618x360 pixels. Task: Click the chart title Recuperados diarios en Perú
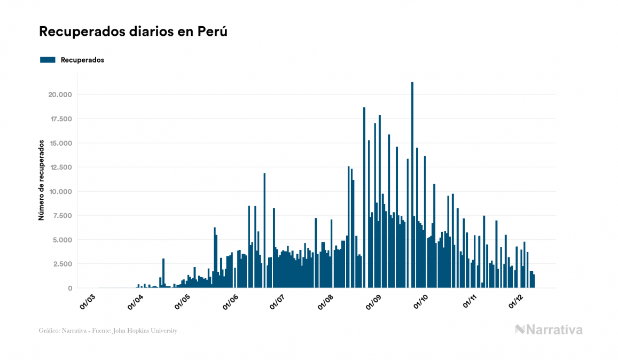click(134, 32)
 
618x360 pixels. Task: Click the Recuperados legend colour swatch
click(48, 60)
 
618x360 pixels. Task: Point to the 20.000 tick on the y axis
click(60, 95)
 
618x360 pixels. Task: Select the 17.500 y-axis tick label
click(60, 119)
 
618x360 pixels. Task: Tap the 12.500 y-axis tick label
click(60, 167)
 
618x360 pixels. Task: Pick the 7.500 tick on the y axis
click(62, 215)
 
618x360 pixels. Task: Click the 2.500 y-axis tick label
click(62, 264)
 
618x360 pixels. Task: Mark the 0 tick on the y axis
click(69, 288)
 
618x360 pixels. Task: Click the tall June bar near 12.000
click(264, 230)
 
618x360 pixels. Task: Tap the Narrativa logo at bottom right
click(549, 330)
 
